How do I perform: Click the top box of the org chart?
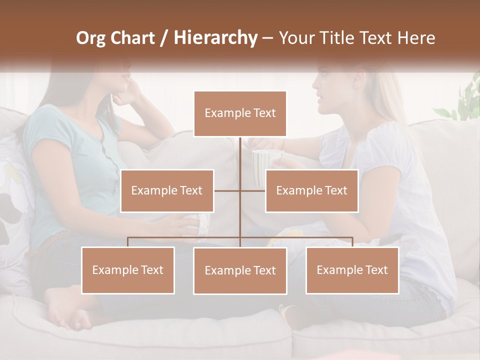[x=240, y=113]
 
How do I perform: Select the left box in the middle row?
[x=167, y=190]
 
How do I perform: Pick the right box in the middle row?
[x=311, y=190]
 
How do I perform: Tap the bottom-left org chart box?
[x=128, y=270]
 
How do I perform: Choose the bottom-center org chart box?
[x=240, y=270]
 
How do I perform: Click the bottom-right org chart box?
[x=352, y=270]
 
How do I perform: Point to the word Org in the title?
[x=91, y=38]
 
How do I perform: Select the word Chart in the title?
[x=134, y=38]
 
